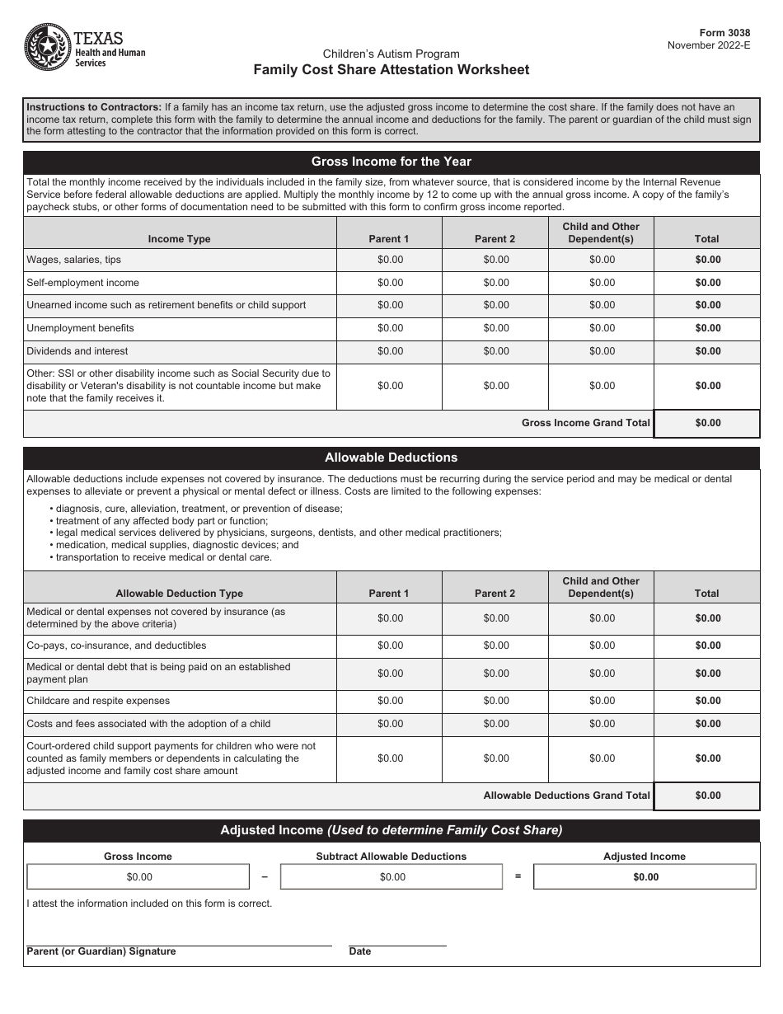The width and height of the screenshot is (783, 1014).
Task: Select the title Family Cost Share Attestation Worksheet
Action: [x=391, y=70]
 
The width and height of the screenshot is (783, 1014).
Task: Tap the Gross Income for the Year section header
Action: [x=391, y=162]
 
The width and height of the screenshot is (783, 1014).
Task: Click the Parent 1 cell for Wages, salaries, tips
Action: [x=390, y=260]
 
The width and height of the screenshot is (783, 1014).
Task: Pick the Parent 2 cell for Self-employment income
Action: [x=495, y=283]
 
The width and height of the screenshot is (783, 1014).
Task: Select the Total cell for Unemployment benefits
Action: [x=707, y=328]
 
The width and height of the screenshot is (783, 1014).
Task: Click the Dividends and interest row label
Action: [x=77, y=351]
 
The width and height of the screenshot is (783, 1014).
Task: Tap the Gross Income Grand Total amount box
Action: [x=707, y=423]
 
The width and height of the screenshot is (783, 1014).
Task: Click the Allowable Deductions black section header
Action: [x=391, y=458]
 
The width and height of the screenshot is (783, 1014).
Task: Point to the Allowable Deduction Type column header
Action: [x=179, y=593]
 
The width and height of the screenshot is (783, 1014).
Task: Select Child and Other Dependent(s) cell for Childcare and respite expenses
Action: [x=602, y=701]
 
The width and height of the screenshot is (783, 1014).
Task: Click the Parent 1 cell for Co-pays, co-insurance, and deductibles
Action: [x=390, y=645]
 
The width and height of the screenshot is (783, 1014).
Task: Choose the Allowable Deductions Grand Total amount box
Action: [x=707, y=796]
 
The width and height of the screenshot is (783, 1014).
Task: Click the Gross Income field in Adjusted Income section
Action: [x=138, y=877]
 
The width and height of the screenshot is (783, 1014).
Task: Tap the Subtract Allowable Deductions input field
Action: [x=391, y=877]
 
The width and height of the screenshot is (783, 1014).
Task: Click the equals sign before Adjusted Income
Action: [x=518, y=876]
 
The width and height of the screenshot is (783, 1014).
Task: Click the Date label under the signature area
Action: [x=360, y=951]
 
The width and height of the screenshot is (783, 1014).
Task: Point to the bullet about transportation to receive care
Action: [x=163, y=557]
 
